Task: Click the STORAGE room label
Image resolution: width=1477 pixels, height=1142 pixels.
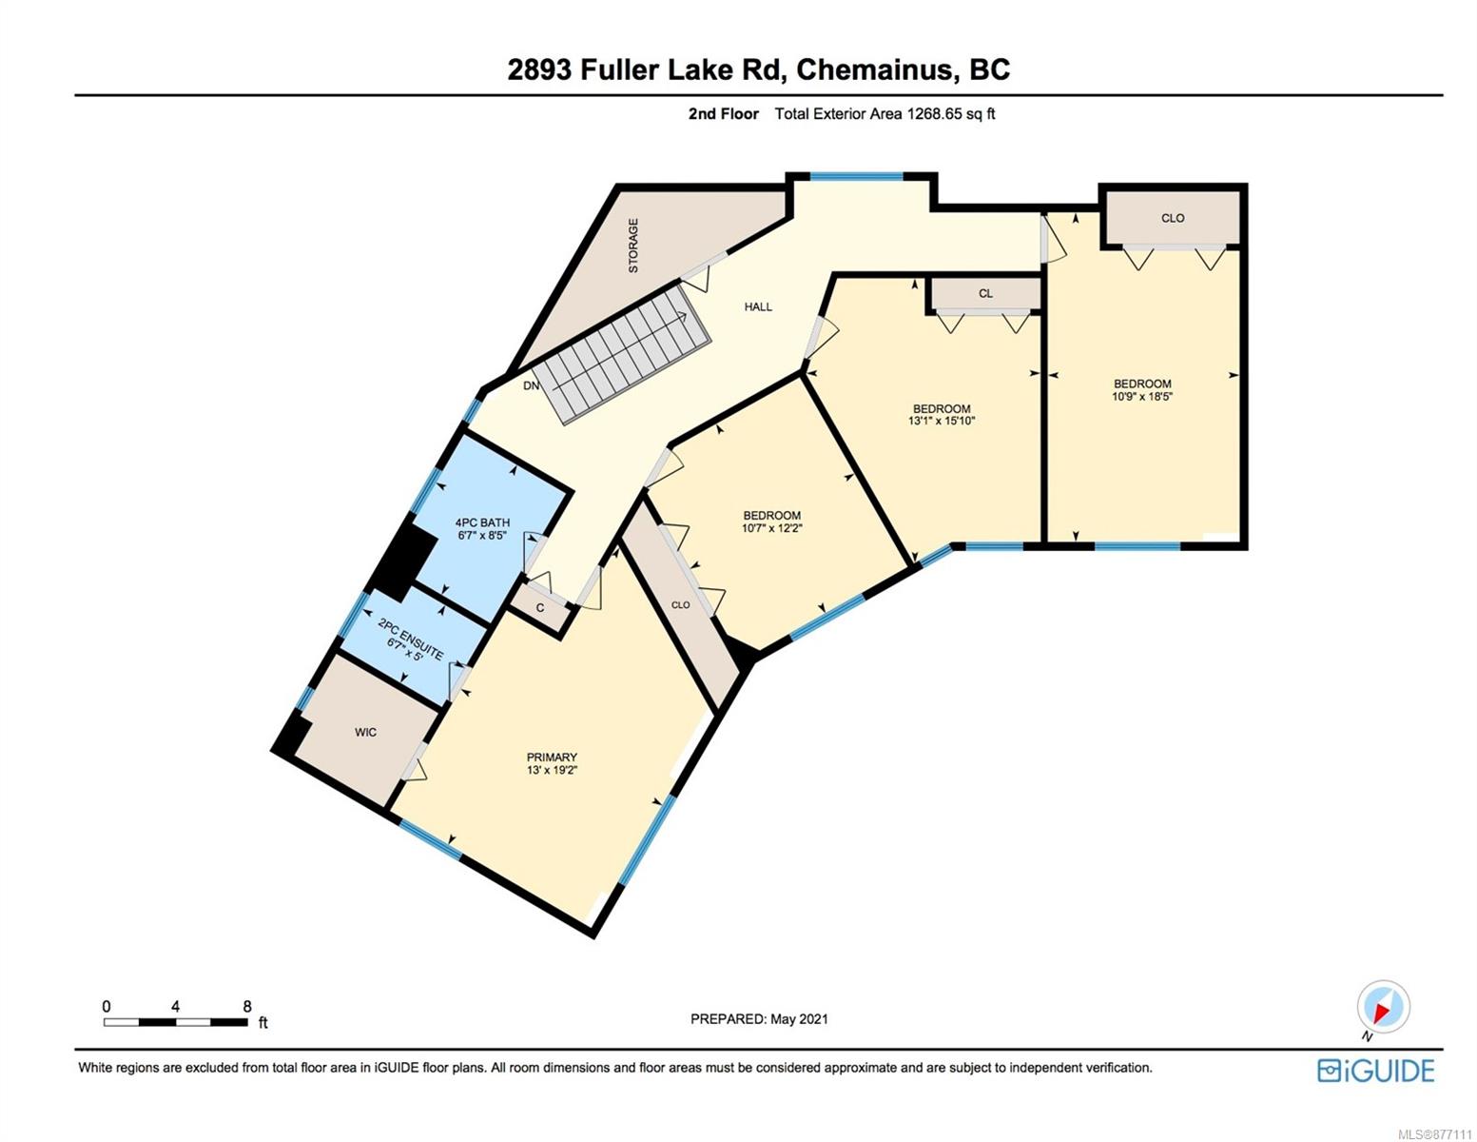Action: point(632,246)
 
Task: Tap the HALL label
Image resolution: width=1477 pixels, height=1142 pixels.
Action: point(758,306)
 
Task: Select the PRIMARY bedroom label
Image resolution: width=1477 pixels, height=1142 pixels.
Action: point(552,757)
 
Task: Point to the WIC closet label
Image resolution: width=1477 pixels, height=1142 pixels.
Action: point(365,733)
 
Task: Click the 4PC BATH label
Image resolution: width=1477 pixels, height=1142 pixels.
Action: point(482,522)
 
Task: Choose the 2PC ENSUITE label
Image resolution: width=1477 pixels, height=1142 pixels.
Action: point(411,638)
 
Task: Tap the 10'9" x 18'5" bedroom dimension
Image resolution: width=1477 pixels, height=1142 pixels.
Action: point(1142,397)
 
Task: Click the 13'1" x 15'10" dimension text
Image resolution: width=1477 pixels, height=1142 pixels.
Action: point(942,421)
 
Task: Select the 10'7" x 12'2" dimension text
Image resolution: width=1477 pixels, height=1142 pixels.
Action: point(771,528)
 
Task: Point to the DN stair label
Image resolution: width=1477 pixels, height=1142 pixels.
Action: point(531,385)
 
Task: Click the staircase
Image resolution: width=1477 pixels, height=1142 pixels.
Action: point(621,353)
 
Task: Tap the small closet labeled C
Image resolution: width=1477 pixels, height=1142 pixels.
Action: point(539,607)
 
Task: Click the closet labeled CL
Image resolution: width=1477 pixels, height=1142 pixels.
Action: point(985,294)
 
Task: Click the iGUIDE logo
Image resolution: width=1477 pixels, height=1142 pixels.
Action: point(1375,1071)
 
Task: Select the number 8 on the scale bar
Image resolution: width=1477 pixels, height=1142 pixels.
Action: point(247,1006)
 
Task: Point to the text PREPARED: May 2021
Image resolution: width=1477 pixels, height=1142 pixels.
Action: point(759,1019)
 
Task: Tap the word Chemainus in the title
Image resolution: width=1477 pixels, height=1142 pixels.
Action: point(876,69)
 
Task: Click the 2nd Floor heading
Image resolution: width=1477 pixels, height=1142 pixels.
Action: point(723,113)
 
